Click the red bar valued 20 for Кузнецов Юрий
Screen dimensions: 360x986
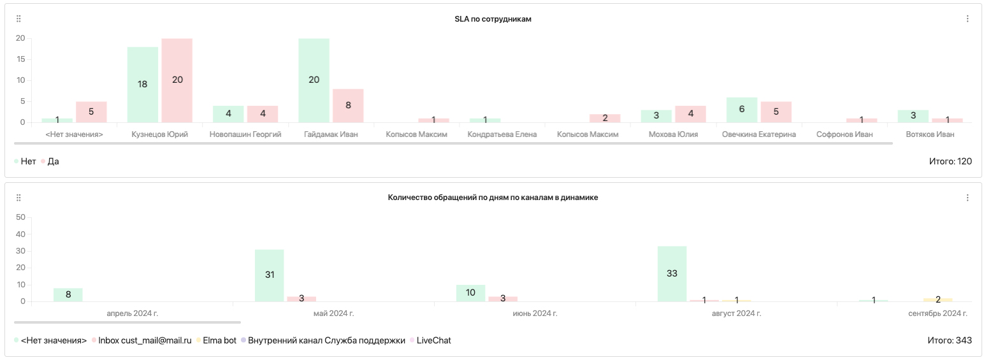coord(177,80)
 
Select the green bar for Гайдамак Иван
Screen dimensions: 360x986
coord(314,80)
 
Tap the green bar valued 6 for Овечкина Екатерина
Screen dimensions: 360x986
coord(742,110)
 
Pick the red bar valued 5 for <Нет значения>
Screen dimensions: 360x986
coord(91,112)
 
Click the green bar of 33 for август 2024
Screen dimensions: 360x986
coord(672,274)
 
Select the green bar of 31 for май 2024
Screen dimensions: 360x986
coord(269,275)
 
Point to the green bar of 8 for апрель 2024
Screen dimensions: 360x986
coord(68,294)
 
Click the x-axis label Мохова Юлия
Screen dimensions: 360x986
coord(673,134)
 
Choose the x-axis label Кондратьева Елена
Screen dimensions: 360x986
coord(502,134)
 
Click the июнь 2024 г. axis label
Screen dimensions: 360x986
coord(535,313)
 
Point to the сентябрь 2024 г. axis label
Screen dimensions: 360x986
coord(938,313)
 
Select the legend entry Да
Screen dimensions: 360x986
coord(53,162)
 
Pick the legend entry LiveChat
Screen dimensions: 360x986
coord(433,341)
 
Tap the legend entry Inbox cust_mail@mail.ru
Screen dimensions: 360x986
coord(145,341)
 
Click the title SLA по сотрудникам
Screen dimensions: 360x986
coord(493,19)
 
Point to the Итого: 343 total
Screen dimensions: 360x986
coord(950,341)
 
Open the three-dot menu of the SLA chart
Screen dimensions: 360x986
coord(968,19)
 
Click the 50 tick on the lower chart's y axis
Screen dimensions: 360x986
coord(20,217)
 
